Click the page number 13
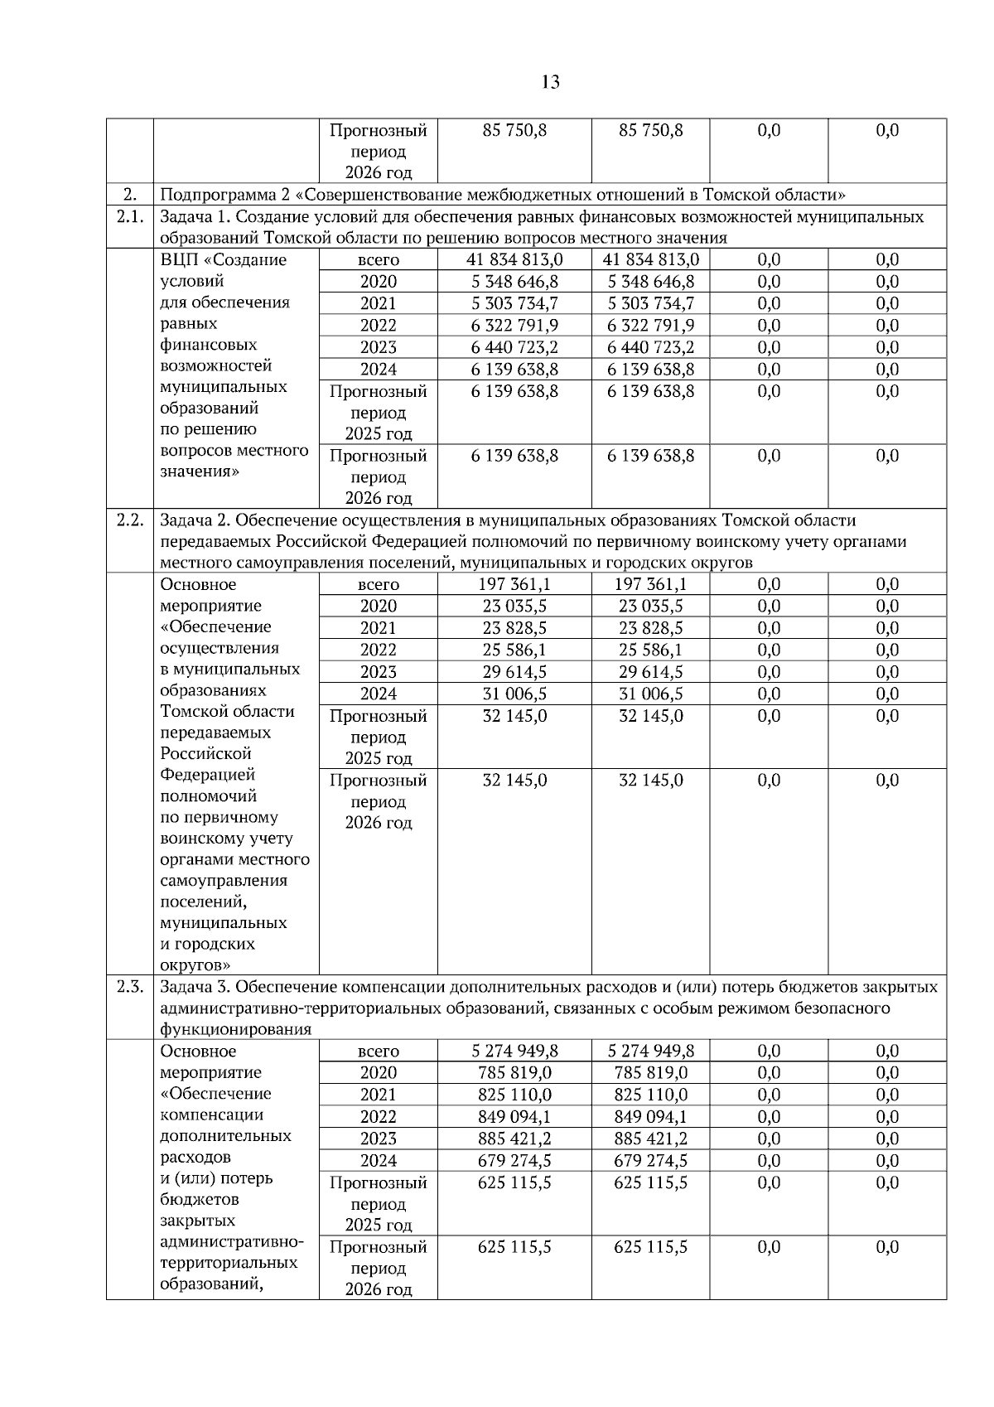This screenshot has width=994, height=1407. [550, 82]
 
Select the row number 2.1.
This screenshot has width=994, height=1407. [129, 217]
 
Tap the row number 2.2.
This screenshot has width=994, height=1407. [129, 520]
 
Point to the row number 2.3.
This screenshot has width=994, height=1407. [129, 987]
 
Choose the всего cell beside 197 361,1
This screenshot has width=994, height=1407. [379, 585]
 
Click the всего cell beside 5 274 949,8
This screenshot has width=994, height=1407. [379, 1052]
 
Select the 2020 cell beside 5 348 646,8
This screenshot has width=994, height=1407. [379, 282]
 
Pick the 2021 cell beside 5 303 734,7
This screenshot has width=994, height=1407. [379, 303]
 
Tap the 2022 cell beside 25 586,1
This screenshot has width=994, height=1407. [379, 650]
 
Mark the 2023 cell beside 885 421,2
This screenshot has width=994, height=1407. [379, 1139]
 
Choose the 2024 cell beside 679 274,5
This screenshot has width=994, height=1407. [379, 1160]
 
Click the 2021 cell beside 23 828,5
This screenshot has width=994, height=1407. [379, 628]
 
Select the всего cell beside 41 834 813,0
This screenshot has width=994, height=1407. [379, 260]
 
